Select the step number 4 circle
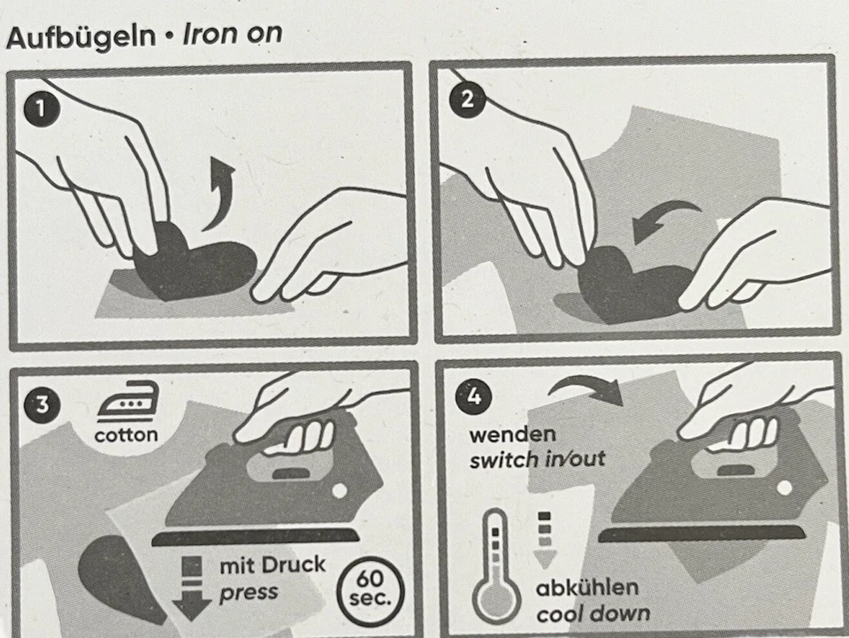(473, 396)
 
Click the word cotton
(126, 434)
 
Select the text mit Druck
(272, 565)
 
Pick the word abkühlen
(586, 588)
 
